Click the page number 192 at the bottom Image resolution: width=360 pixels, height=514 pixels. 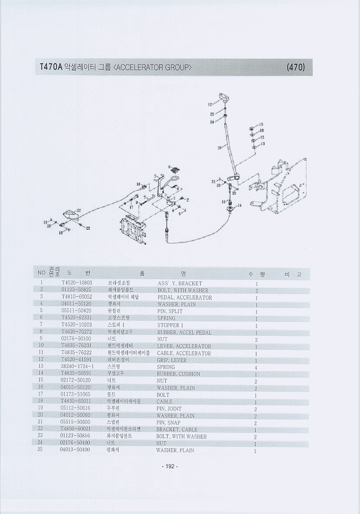pyautogui.click(x=170, y=467)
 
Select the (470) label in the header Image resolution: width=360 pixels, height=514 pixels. pyautogui.click(x=296, y=68)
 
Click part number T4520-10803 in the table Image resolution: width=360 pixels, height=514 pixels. pyautogui.click(x=77, y=283)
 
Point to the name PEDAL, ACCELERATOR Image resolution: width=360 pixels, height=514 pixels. pyautogui.click(x=185, y=298)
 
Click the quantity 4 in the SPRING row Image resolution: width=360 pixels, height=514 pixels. pyautogui.click(x=257, y=367)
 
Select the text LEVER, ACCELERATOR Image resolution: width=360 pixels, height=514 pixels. pyautogui.click(x=184, y=346)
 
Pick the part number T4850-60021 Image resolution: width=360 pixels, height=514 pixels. pyautogui.click(x=76, y=429)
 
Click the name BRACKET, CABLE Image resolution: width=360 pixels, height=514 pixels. pyautogui.click(x=177, y=429)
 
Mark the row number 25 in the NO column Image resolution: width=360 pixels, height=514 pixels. pyautogui.click(x=40, y=450)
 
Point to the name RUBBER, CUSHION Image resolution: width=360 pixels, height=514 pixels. pyautogui.click(x=178, y=374)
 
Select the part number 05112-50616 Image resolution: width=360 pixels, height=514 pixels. pyautogui.click(x=76, y=408)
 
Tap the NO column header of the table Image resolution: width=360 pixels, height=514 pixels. pyautogui.click(x=41, y=273)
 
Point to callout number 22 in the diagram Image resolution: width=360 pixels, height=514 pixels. pyautogui.click(x=79, y=210)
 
